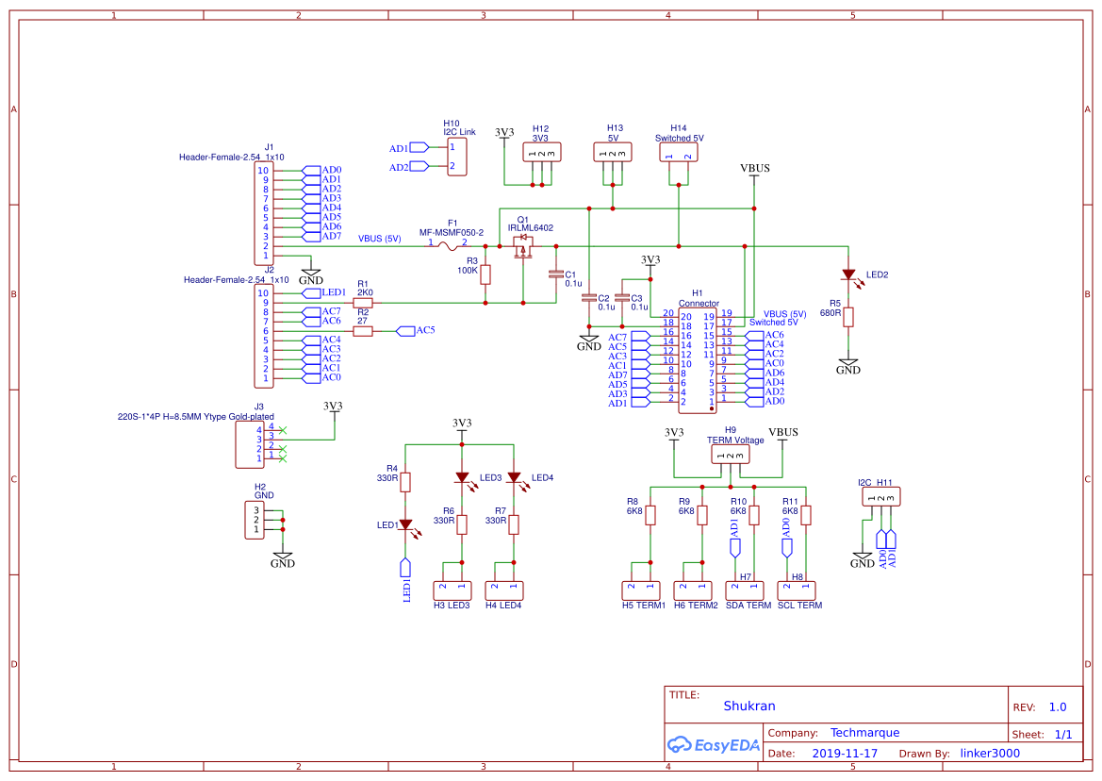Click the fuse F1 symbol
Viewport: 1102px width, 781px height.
click(x=449, y=247)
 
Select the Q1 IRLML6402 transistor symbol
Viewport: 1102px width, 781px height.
click(x=522, y=246)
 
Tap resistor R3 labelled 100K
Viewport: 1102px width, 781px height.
click(x=485, y=274)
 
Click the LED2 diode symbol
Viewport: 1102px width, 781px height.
click(x=848, y=274)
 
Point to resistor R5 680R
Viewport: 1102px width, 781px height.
click(x=848, y=316)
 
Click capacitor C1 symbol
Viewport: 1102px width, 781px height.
click(x=555, y=274)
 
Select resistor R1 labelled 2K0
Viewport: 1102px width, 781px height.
click(x=363, y=303)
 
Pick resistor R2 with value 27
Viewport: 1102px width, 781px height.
click(x=363, y=331)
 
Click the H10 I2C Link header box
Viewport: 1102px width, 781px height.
click(x=456, y=157)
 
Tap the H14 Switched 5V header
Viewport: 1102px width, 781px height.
click(x=679, y=152)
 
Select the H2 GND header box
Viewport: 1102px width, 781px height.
click(x=255, y=520)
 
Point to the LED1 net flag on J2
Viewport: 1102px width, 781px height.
click(x=321, y=293)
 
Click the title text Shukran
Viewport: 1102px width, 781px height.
click(x=749, y=706)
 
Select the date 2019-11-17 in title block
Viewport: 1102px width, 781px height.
click(x=845, y=754)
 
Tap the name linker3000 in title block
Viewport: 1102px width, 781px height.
click(x=990, y=754)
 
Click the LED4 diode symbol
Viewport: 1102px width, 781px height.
click(x=514, y=477)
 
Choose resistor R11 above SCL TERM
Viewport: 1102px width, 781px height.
click(x=806, y=515)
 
